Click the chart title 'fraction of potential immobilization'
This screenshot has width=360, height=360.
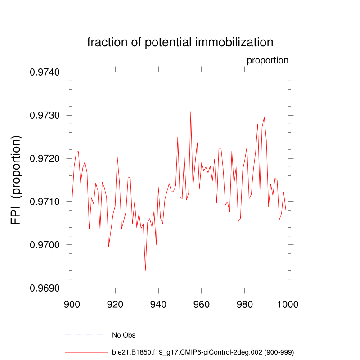tap(180, 43)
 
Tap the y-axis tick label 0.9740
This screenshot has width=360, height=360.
tap(45, 72)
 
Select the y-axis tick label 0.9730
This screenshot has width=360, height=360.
tap(45, 115)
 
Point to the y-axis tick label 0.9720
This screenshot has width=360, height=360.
tap(45, 158)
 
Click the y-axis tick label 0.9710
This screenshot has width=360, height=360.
tap(45, 202)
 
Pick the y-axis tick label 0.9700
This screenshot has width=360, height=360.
tap(45, 245)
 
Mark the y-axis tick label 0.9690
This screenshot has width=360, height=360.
tap(45, 288)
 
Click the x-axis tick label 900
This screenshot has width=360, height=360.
tap(72, 304)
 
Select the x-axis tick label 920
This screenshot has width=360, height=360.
tap(115, 304)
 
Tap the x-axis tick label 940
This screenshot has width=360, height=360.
tap(158, 304)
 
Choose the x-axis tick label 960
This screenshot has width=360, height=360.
tap(202, 304)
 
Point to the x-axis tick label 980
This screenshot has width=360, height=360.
tap(245, 304)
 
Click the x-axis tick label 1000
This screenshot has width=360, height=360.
tap(287, 304)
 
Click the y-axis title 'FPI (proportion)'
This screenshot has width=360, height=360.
tap(16, 180)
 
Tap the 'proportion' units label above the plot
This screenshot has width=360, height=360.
tap(267, 60)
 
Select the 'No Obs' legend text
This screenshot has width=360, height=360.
tap(124, 335)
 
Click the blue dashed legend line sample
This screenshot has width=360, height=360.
tap(86, 335)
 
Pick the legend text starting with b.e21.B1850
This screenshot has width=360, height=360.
tap(203, 352)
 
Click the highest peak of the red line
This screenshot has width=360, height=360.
tap(191, 112)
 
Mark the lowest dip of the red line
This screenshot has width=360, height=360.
tap(145, 270)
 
